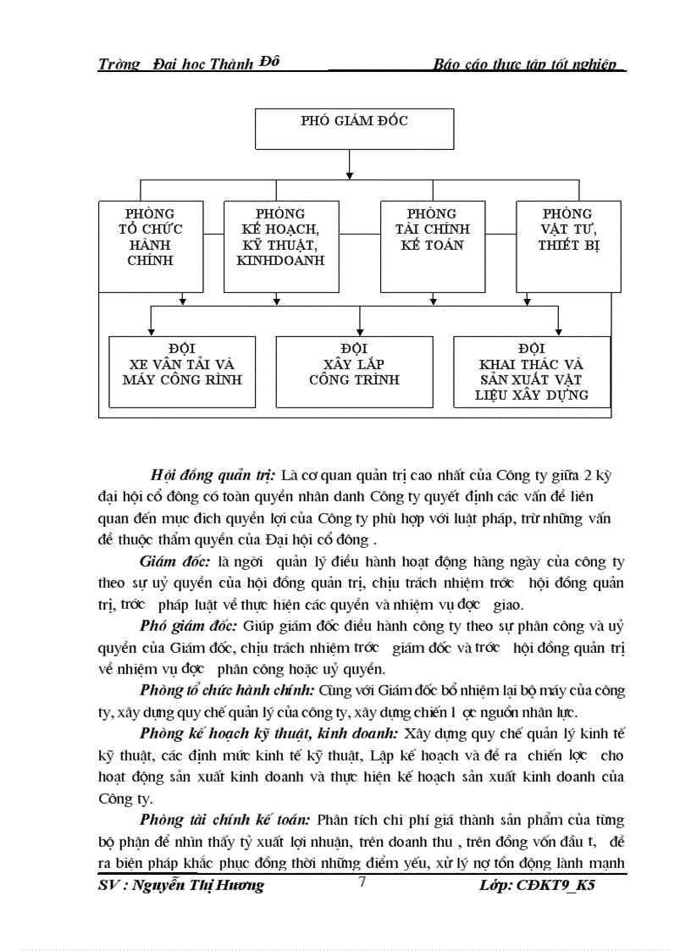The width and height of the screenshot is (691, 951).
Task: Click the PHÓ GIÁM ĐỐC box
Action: (x=353, y=130)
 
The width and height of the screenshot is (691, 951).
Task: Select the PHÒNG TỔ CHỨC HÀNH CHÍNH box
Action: (x=154, y=246)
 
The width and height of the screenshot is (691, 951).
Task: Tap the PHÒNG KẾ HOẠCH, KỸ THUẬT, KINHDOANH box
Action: (x=281, y=246)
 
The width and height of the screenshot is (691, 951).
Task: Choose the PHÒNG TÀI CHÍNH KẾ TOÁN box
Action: (x=437, y=246)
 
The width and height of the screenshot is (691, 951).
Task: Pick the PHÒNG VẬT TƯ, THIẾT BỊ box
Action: (x=568, y=246)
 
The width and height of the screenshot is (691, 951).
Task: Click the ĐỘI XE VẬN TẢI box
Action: (x=182, y=372)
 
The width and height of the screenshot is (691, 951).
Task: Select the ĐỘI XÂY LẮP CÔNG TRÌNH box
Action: (x=354, y=372)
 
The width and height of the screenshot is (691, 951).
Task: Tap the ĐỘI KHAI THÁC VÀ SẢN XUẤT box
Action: (x=531, y=372)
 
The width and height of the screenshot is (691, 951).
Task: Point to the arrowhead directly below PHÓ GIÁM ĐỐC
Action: (x=349, y=175)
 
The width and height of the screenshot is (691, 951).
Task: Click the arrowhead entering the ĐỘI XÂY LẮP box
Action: (x=361, y=331)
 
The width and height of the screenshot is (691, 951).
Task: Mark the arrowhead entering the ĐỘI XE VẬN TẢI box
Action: (x=151, y=331)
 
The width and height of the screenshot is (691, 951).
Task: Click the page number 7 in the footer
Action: (x=362, y=882)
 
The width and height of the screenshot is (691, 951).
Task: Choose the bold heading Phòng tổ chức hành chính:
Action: (x=228, y=691)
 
